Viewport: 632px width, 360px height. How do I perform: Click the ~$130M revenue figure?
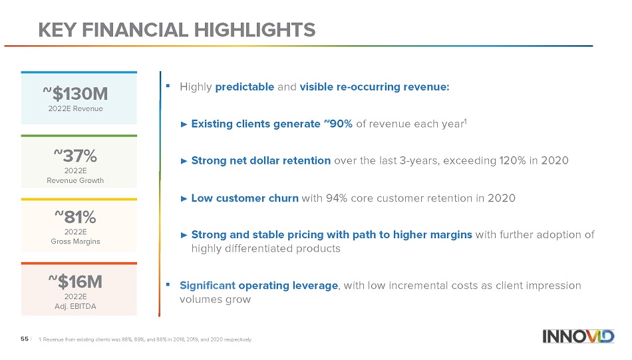(x=75, y=94)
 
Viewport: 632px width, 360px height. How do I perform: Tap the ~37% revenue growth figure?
(x=75, y=156)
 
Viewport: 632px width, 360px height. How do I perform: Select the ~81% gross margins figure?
(x=75, y=218)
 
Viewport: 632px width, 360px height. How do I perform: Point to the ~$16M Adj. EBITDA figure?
(x=75, y=281)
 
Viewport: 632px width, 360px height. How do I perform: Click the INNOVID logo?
(x=578, y=336)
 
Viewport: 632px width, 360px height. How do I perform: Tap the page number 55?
(x=25, y=339)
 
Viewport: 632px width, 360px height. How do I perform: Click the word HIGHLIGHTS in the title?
(x=255, y=30)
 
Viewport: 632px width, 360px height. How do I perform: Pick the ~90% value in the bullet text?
(x=338, y=124)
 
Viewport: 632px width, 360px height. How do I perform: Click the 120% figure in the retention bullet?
(x=513, y=160)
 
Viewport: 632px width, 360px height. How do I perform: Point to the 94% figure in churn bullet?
(x=337, y=198)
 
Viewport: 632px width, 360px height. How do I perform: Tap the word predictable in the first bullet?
(x=245, y=87)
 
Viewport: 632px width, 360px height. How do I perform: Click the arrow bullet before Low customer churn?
(x=184, y=198)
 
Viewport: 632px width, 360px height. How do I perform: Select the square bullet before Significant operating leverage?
(x=168, y=285)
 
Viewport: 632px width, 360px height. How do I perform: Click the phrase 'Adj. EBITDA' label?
(x=75, y=306)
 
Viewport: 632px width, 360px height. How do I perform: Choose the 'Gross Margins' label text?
(x=75, y=242)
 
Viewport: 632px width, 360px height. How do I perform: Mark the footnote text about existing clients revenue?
(x=145, y=339)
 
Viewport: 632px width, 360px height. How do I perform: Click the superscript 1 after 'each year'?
(x=466, y=120)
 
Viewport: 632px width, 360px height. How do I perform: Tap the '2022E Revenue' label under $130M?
(x=75, y=108)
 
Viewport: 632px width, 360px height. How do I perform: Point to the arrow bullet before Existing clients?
(x=184, y=124)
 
